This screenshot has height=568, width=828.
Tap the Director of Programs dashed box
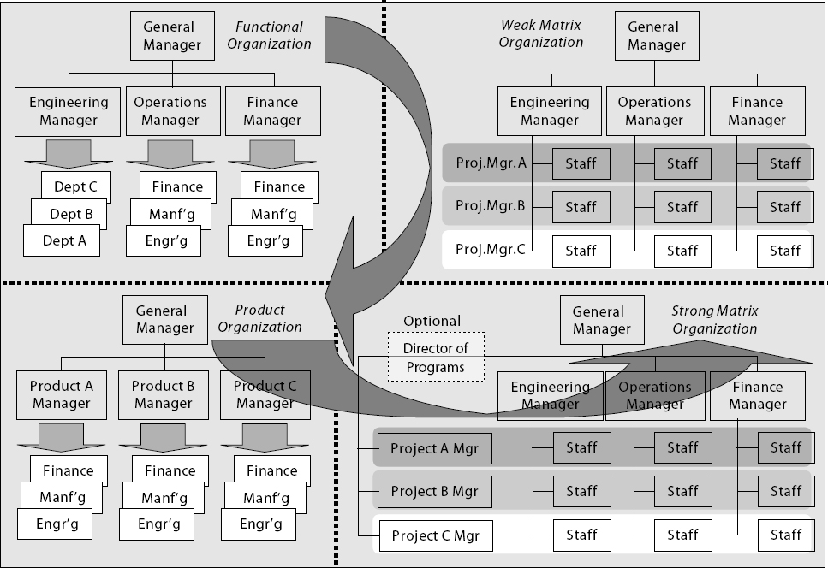[435, 358]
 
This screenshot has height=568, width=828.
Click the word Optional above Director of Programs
[432, 321]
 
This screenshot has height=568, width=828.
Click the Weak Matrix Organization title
[541, 33]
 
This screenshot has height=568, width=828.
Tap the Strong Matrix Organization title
[714, 320]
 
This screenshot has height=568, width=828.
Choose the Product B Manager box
[163, 394]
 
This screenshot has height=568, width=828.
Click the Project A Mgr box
[434, 447]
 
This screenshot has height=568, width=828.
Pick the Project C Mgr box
[435, 536]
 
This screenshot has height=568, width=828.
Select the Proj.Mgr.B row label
[491, 206]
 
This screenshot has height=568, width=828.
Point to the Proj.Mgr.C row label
[491, 251]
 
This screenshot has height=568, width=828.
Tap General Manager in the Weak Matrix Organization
[653, 36]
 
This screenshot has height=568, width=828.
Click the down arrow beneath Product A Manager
[63, 434]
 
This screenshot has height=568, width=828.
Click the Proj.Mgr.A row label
[491, 163]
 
